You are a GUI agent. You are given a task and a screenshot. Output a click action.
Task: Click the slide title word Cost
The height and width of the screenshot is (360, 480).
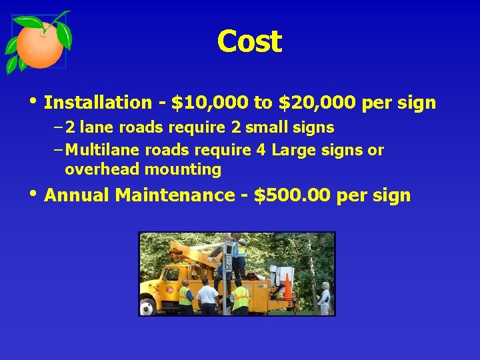coord(249,41)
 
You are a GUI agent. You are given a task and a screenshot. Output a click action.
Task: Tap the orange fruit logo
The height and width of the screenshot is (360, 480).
coord(39,44)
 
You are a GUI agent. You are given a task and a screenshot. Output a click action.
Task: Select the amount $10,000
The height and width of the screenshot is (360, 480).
coord(210,103)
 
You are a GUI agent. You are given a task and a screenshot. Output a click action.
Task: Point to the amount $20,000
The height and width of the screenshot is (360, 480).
coord(317,103)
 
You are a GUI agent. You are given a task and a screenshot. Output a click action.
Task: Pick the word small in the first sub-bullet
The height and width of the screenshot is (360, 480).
coord(265,127)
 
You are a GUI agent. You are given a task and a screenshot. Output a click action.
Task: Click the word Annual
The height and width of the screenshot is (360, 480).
coord(77,195)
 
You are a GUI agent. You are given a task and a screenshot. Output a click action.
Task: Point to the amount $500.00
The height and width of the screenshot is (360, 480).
coord(293,195)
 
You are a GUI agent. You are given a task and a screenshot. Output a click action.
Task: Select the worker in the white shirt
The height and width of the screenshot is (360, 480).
coord(207,297)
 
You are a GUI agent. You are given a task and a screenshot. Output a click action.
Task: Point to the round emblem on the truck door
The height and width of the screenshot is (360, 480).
coord(169,289)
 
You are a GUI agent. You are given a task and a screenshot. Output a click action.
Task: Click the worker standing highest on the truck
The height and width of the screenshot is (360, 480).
coord(239,257)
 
